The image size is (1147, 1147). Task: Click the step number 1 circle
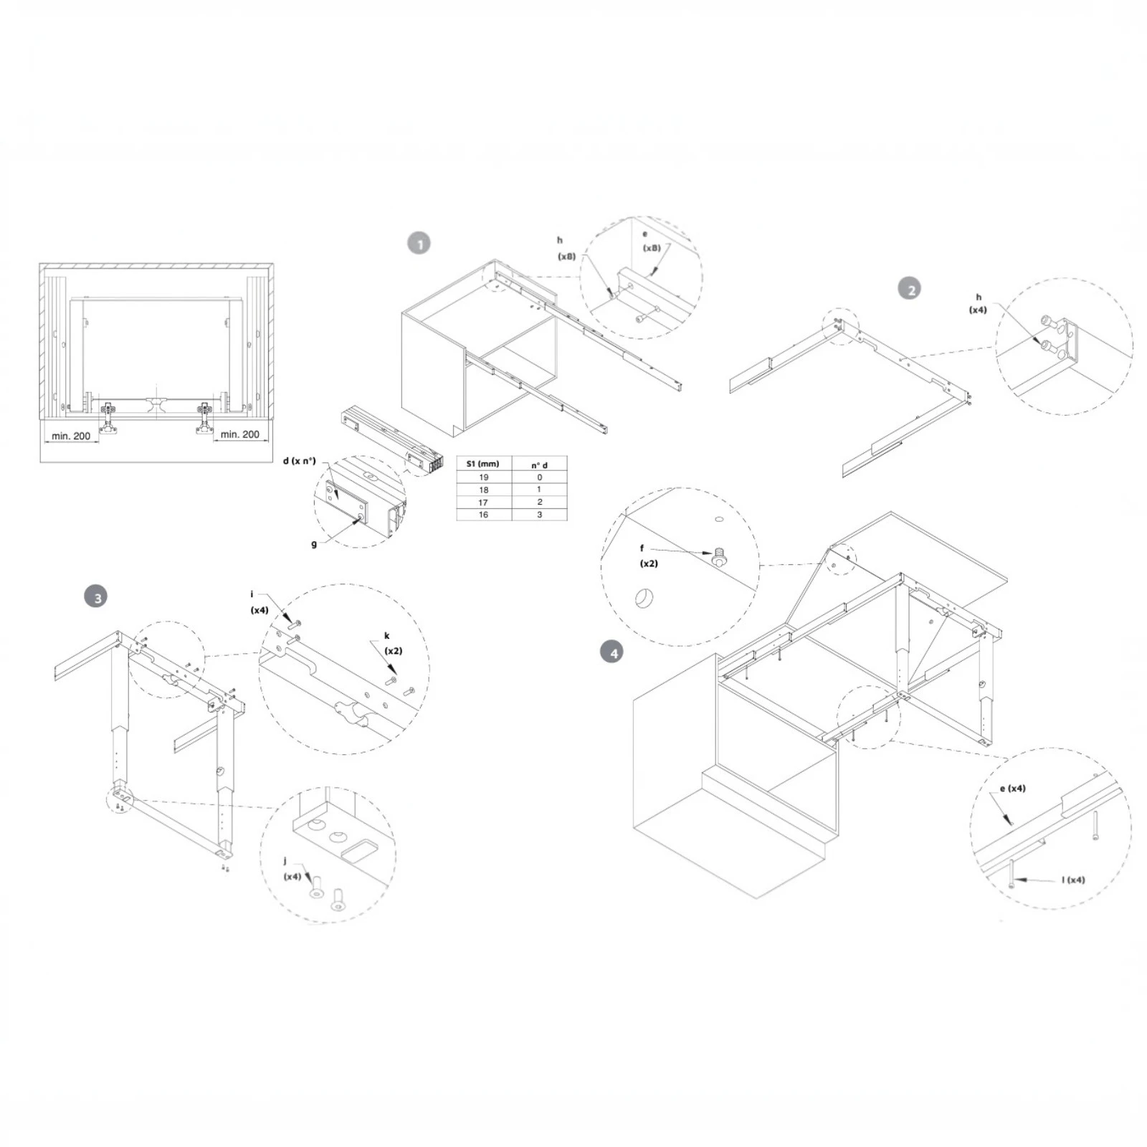coord(419,244)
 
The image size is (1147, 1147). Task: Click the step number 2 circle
coord(910,290)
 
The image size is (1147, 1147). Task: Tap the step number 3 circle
coord(95,596)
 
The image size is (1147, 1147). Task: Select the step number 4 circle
coord(612,652)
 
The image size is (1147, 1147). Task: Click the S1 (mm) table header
coord(483,464)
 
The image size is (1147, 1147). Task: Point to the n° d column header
coord(539,465)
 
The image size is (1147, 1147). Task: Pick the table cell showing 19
coord(483,477)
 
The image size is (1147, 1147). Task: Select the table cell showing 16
coord(483,515)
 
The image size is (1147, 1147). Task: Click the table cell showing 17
coord(483,503)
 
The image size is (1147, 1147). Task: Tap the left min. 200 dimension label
coord(71,436)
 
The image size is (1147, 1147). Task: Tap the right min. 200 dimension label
coord(239,434)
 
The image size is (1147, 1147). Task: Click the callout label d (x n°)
coord(299,461)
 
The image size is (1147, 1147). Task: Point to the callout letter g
coord(314,544)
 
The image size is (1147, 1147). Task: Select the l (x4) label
coord(1073,880)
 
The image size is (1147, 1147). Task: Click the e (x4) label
coord(1012,789)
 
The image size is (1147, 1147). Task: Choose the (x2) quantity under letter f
coord(649,563)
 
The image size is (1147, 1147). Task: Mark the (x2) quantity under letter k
coord(394,651)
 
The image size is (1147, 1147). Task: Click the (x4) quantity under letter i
coord(260,610)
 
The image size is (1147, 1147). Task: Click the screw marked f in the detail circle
coord(718,556)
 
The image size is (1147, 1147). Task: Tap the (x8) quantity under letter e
coord(652,248)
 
